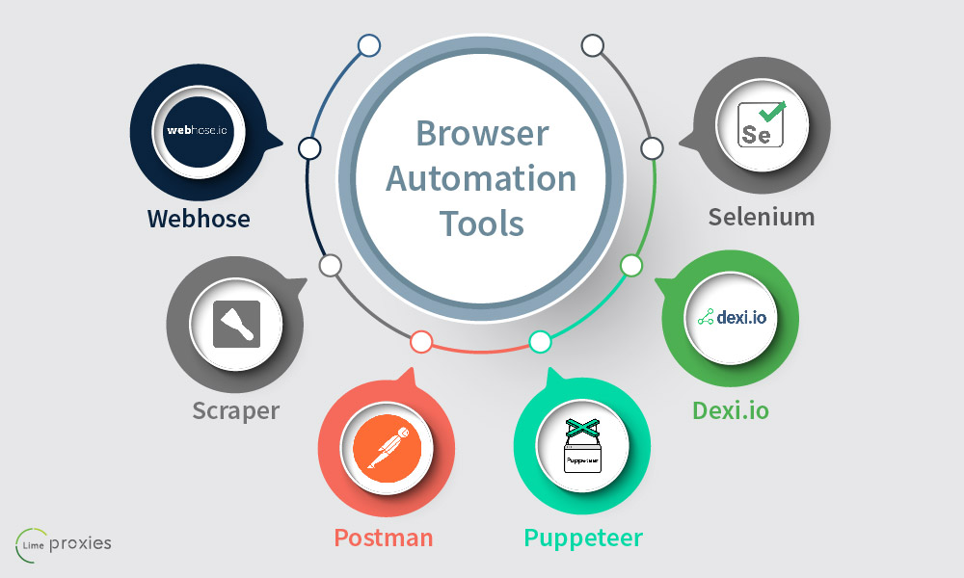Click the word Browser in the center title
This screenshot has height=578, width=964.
click(x=481, y=133)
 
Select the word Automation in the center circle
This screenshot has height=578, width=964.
click(x=481, y=178)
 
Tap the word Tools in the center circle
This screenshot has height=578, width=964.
click(x=481, y=223)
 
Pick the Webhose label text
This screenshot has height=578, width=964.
click(x=199, y=219)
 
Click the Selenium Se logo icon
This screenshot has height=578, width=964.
click(x=761, y=124)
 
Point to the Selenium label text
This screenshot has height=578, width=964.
click(x=762, y=217)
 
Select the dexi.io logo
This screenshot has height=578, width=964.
click(x=732, y=315)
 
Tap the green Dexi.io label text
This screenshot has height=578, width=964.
click(x=731, y=411)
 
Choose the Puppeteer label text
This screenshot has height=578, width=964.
click(x=583, y=537)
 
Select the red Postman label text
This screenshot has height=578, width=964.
click(x=384, y=537)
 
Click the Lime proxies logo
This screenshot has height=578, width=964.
click(x=64, y=543)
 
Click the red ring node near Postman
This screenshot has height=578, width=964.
click(x=420, y=341)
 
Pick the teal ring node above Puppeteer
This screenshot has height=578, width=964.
click(x=540, y=341)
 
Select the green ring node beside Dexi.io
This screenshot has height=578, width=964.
click(x=630, y=265)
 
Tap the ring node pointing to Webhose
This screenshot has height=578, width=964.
click(x=309, y=148)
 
